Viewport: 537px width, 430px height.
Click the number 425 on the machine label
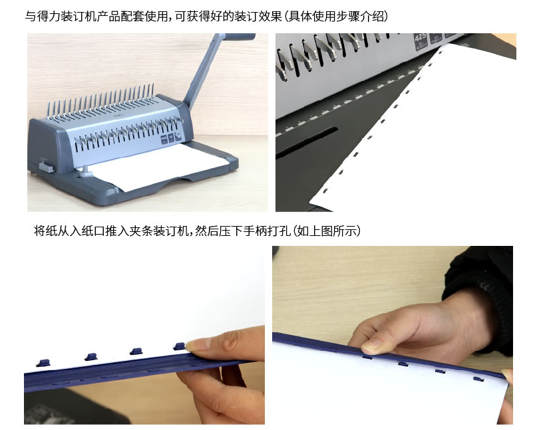tap(420, 37)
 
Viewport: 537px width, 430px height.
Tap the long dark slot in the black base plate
tap(307, 142)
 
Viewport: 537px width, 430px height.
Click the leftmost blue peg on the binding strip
tap(43, 363)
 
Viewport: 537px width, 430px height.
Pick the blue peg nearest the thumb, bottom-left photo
tap(179, 346)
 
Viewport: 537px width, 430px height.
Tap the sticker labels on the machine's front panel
tap(170, 138)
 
